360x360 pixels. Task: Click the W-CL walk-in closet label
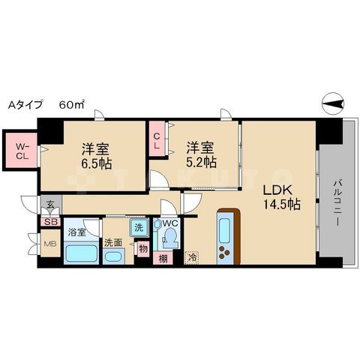pos(22,151)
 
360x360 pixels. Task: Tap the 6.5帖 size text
pos(96,163)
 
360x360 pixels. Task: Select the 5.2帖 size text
pos(201,163)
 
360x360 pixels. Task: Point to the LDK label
pos(277,190)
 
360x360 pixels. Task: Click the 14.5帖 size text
pos(281,205)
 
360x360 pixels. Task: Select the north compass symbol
pos(333,103)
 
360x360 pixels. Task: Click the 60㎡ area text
pos(71,104)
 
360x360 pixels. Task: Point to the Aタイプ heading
pos(25,105)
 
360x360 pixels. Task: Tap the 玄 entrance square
pos(51,205)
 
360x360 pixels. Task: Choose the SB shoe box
pos(51,222)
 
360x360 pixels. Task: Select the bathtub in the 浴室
pos(82,253)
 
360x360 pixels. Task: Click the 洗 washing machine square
pos(139,227)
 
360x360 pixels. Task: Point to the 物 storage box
pos(143,249)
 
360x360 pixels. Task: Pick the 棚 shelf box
pos(163,259)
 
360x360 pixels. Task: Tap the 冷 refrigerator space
pos(192,257)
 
